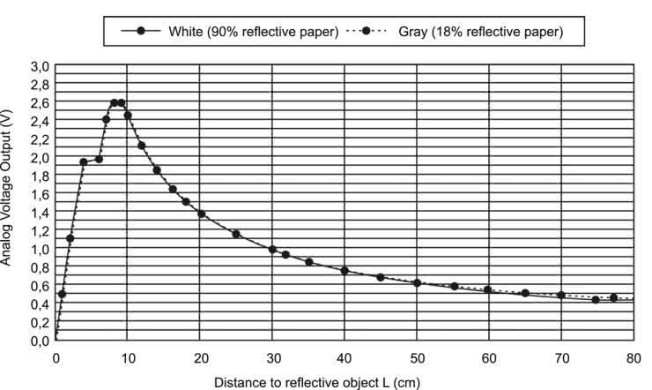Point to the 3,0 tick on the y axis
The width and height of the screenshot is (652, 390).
tap(41, 66)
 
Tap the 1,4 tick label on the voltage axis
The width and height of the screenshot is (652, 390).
tap(41, 213)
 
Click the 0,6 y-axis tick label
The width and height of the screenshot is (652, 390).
tap(41, 286)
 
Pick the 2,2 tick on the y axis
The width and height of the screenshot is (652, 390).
tap(41, 139)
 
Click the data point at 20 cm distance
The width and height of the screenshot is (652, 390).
tap(201, 214)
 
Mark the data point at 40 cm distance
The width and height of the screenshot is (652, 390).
tap(345, 271)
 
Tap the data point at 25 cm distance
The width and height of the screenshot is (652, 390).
tap(236, 234)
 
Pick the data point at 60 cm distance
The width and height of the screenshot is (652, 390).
tap(488, 289)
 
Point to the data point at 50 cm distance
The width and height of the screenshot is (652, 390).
tap(417, 282)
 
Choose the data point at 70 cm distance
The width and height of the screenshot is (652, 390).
tap(561, 295)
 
